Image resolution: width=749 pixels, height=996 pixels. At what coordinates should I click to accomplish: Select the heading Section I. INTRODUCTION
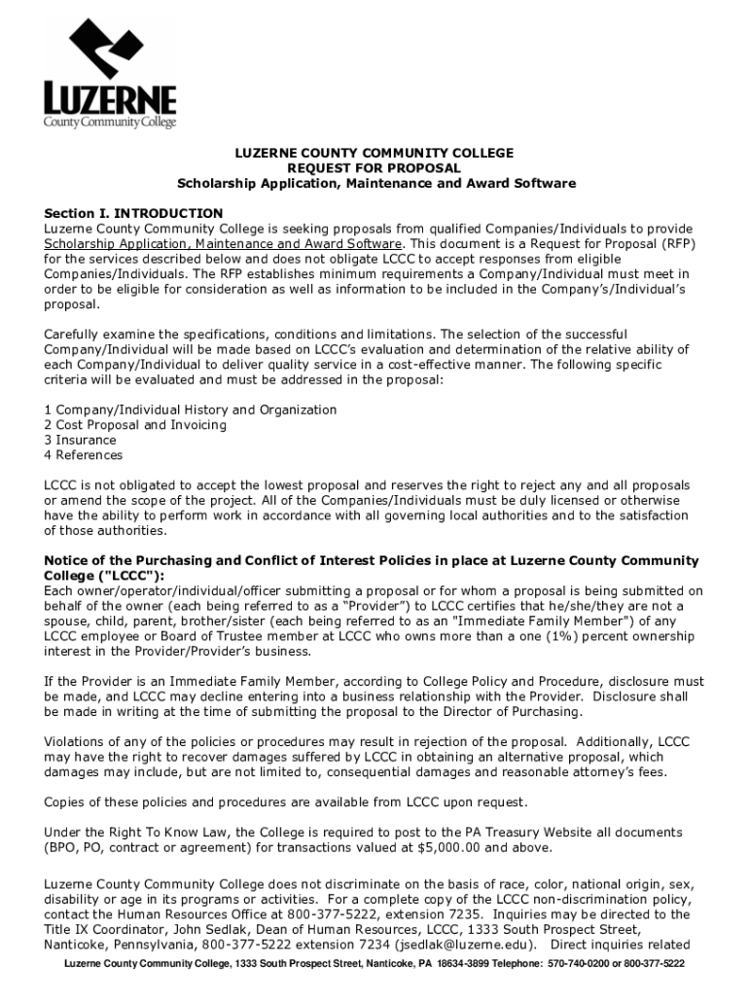click(x=133, y=213)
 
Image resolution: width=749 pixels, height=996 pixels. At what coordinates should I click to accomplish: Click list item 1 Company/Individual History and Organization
click(x=191, y=410)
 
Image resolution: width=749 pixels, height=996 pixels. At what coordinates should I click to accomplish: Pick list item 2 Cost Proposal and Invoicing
click(x=135, y=425)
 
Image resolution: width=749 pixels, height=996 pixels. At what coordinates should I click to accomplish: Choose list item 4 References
click(x=84, y=455)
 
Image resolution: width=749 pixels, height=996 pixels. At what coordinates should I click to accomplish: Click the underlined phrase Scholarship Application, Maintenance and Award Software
click(x=223, y=243)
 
